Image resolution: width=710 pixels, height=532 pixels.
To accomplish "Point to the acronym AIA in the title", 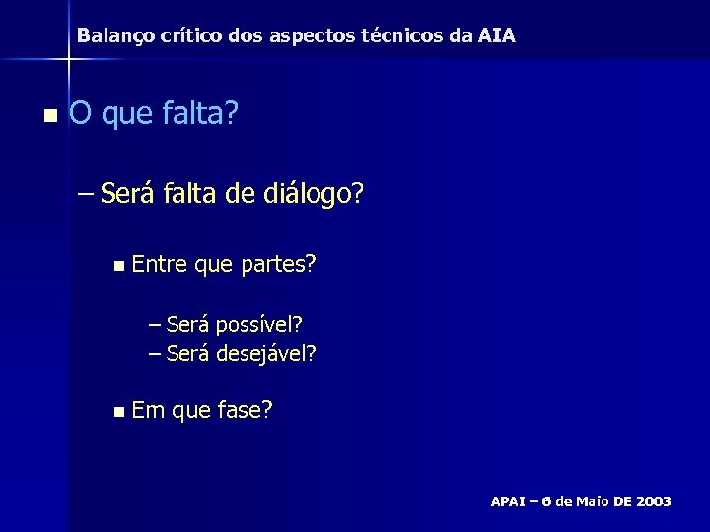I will (x=495, y=36).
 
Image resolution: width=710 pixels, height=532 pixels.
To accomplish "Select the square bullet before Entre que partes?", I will (x=118, y=265).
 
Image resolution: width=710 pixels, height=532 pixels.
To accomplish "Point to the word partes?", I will (x=277, y=264).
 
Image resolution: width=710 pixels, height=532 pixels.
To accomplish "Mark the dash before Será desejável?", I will (x=154, y=352).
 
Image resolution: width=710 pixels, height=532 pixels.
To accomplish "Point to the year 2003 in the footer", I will (x=654, y=501).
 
